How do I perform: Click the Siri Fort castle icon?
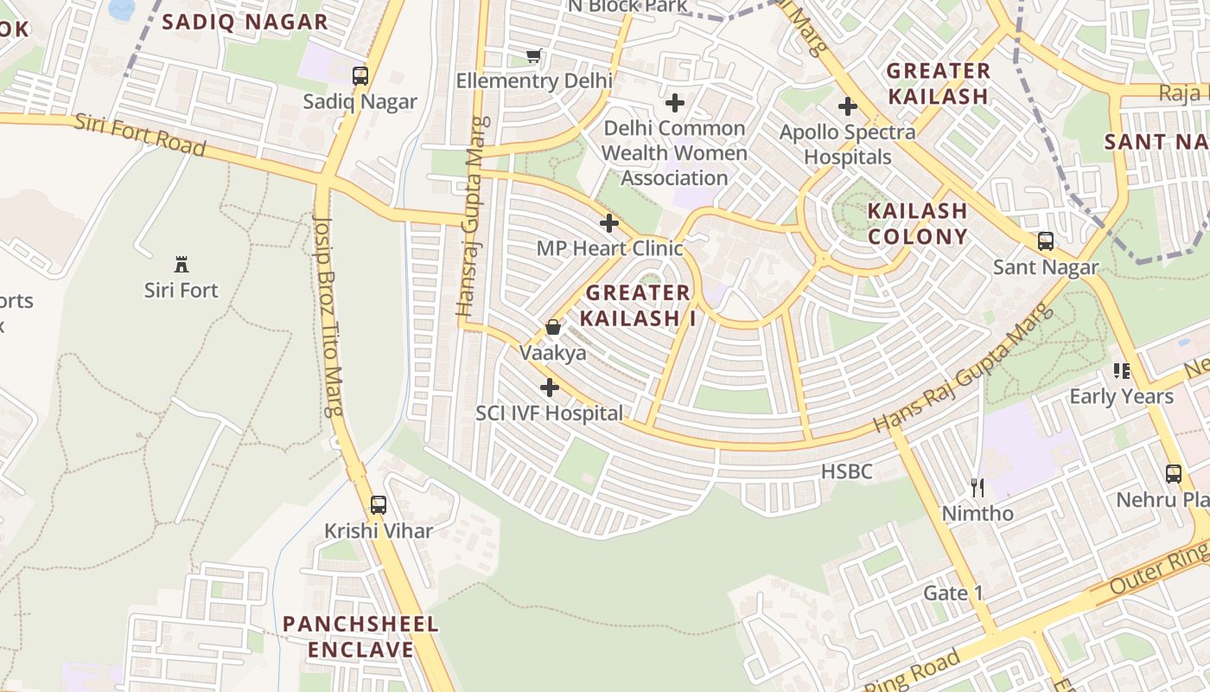181,264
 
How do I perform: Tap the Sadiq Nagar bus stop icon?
360,76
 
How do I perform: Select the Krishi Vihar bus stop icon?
379,504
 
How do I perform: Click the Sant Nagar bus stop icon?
1046,241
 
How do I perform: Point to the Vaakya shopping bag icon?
552,327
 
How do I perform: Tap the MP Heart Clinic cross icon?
609,223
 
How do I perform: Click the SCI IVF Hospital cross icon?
549,388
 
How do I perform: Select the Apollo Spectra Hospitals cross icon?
848,107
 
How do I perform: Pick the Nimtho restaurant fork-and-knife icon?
978,488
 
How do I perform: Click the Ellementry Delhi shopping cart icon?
534,56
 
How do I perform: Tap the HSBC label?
847,472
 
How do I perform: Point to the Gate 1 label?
953,593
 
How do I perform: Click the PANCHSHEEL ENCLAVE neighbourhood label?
360,637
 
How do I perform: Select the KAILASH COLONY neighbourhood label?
917,223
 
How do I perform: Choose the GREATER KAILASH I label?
638,305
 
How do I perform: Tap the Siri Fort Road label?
140,135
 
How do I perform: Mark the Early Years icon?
1122,371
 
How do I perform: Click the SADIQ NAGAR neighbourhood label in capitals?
245,22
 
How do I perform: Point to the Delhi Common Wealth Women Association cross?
675,104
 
